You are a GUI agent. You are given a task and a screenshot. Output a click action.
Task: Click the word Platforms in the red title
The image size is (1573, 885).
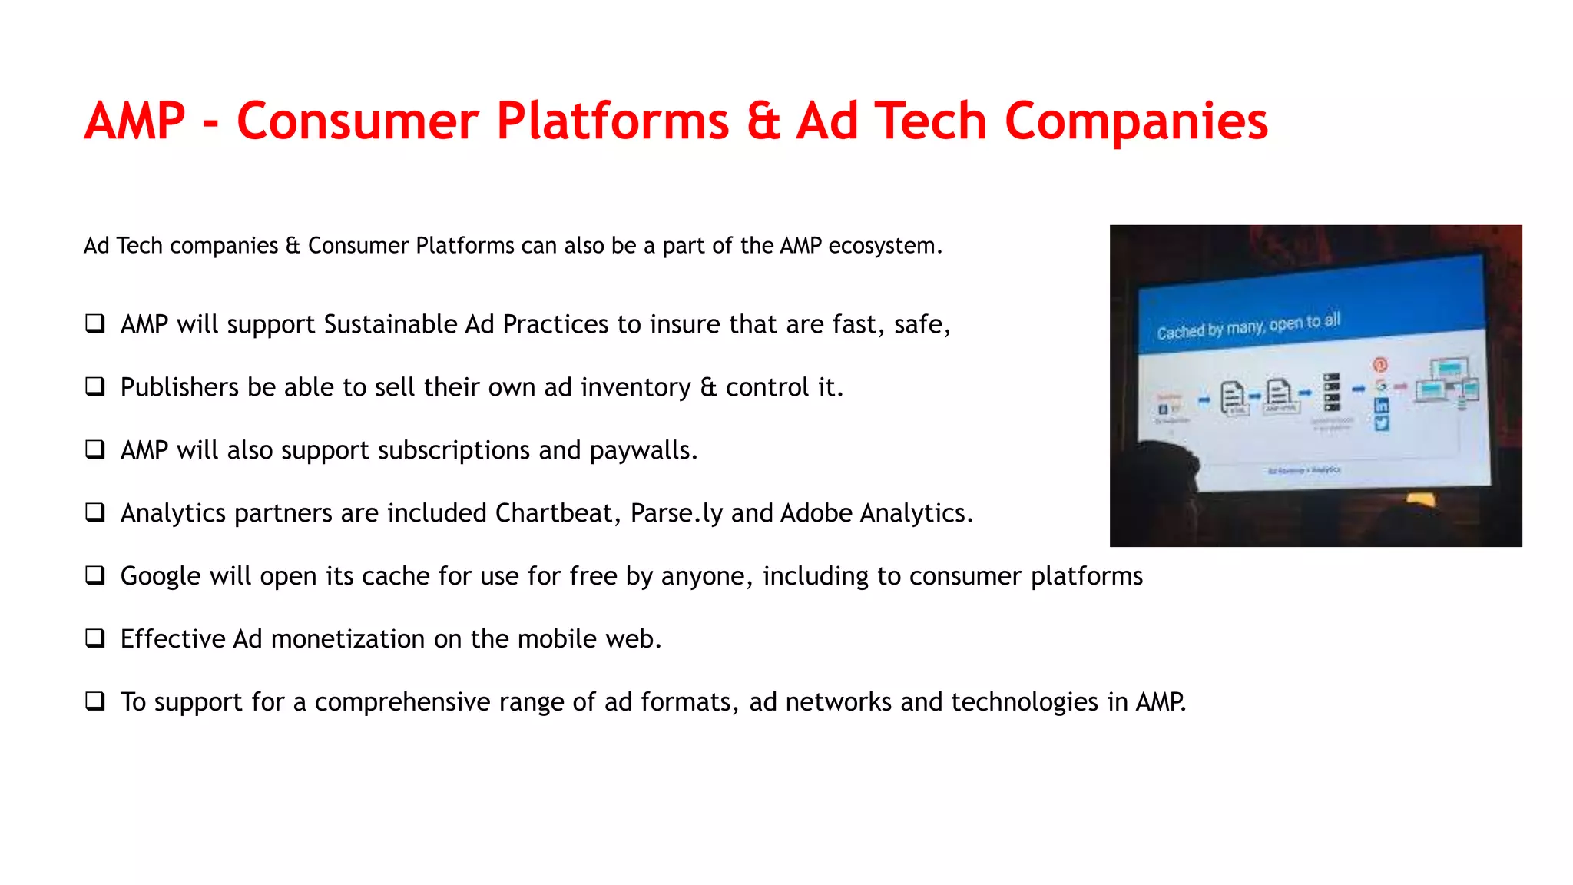tap(612, 121)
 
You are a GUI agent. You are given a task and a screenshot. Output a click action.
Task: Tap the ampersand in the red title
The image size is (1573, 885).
tap(763, 121)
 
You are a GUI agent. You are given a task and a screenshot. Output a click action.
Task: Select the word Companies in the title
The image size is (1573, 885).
tap(1136, 121)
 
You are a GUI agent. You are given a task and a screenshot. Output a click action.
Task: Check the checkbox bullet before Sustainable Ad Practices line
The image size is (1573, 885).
tap(95, 323)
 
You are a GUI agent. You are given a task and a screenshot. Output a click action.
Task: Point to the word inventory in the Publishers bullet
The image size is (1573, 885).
tap(635, 387)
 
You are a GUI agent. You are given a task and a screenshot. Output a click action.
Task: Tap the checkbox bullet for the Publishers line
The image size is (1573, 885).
tap(95, 386)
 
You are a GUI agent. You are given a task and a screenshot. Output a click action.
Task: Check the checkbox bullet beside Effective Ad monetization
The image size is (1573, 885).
tap(95, 638)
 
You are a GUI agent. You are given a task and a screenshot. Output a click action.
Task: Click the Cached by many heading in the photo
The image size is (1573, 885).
tap(1248, 326)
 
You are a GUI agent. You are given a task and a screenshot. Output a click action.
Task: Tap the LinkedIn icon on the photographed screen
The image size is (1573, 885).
tap(1381, 406)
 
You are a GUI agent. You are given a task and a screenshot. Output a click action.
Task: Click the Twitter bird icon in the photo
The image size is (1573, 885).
tap(1381, 423)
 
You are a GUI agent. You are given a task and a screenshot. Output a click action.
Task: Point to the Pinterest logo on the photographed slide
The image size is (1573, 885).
tap(1379, 364)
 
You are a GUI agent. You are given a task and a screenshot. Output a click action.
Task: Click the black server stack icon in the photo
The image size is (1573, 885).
tap(1331, 392)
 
